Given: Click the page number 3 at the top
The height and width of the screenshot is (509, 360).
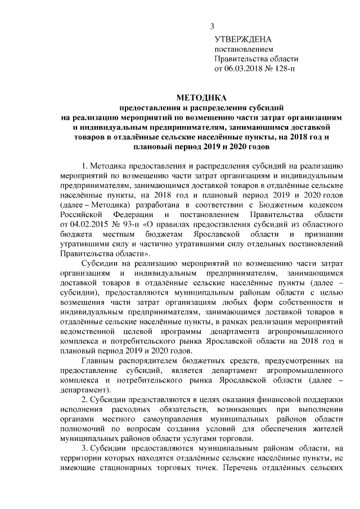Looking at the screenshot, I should (x=212, y=26).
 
